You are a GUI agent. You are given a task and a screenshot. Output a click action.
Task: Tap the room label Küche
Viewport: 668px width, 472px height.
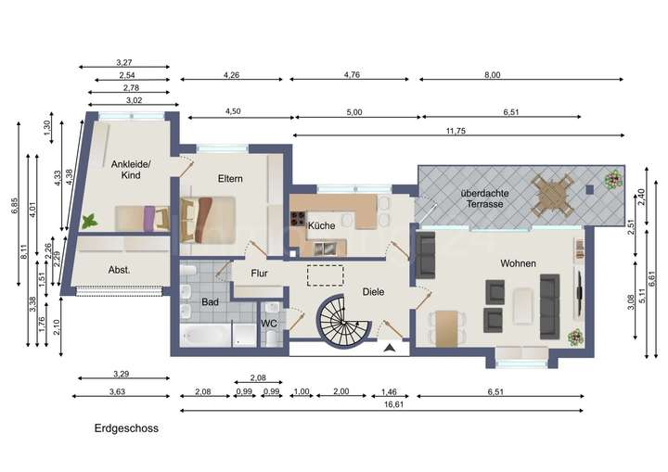click(x=321, y=225)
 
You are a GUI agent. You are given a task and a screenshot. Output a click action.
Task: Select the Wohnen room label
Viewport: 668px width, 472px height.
click(x=518, y=263)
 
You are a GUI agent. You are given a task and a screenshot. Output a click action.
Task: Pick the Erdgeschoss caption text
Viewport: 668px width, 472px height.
click(x=125, y=428)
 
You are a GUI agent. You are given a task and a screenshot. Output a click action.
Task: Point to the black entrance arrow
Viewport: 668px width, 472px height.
click(x=391, y=349)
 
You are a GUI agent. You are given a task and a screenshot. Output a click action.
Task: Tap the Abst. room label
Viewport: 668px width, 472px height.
click(x=119, y=270)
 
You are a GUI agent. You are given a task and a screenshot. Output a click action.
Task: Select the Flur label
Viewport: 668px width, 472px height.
click(x=259, y=274)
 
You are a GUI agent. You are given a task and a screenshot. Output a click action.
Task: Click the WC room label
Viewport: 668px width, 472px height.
click(x=269, y=324)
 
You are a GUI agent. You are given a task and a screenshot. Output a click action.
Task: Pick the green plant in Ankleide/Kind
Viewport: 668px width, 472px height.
click(x=89, y=222)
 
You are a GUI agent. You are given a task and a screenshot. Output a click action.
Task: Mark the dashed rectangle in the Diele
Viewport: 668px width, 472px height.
click(x=325, y=274)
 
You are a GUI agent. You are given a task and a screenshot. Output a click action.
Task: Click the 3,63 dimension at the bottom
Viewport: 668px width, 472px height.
click(x=118, y=393)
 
